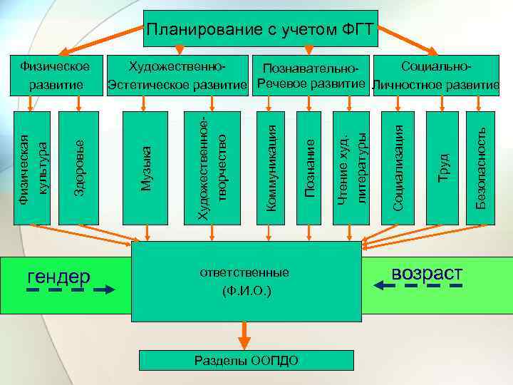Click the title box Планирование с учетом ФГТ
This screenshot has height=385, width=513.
tap(260, 29)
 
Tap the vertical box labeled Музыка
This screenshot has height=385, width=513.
tap(145, 168)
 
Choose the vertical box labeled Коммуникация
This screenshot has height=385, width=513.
tap(270, 168)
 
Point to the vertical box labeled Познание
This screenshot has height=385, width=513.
tap(310, 168)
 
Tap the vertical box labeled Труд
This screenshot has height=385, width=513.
tap(442, 168)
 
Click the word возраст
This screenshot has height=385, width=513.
tap(427, 274)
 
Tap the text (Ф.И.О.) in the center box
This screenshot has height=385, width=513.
tap(246, 291)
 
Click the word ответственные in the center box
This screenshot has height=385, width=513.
tap(246, 273)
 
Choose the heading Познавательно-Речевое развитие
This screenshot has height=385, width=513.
tap(310, 77)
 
